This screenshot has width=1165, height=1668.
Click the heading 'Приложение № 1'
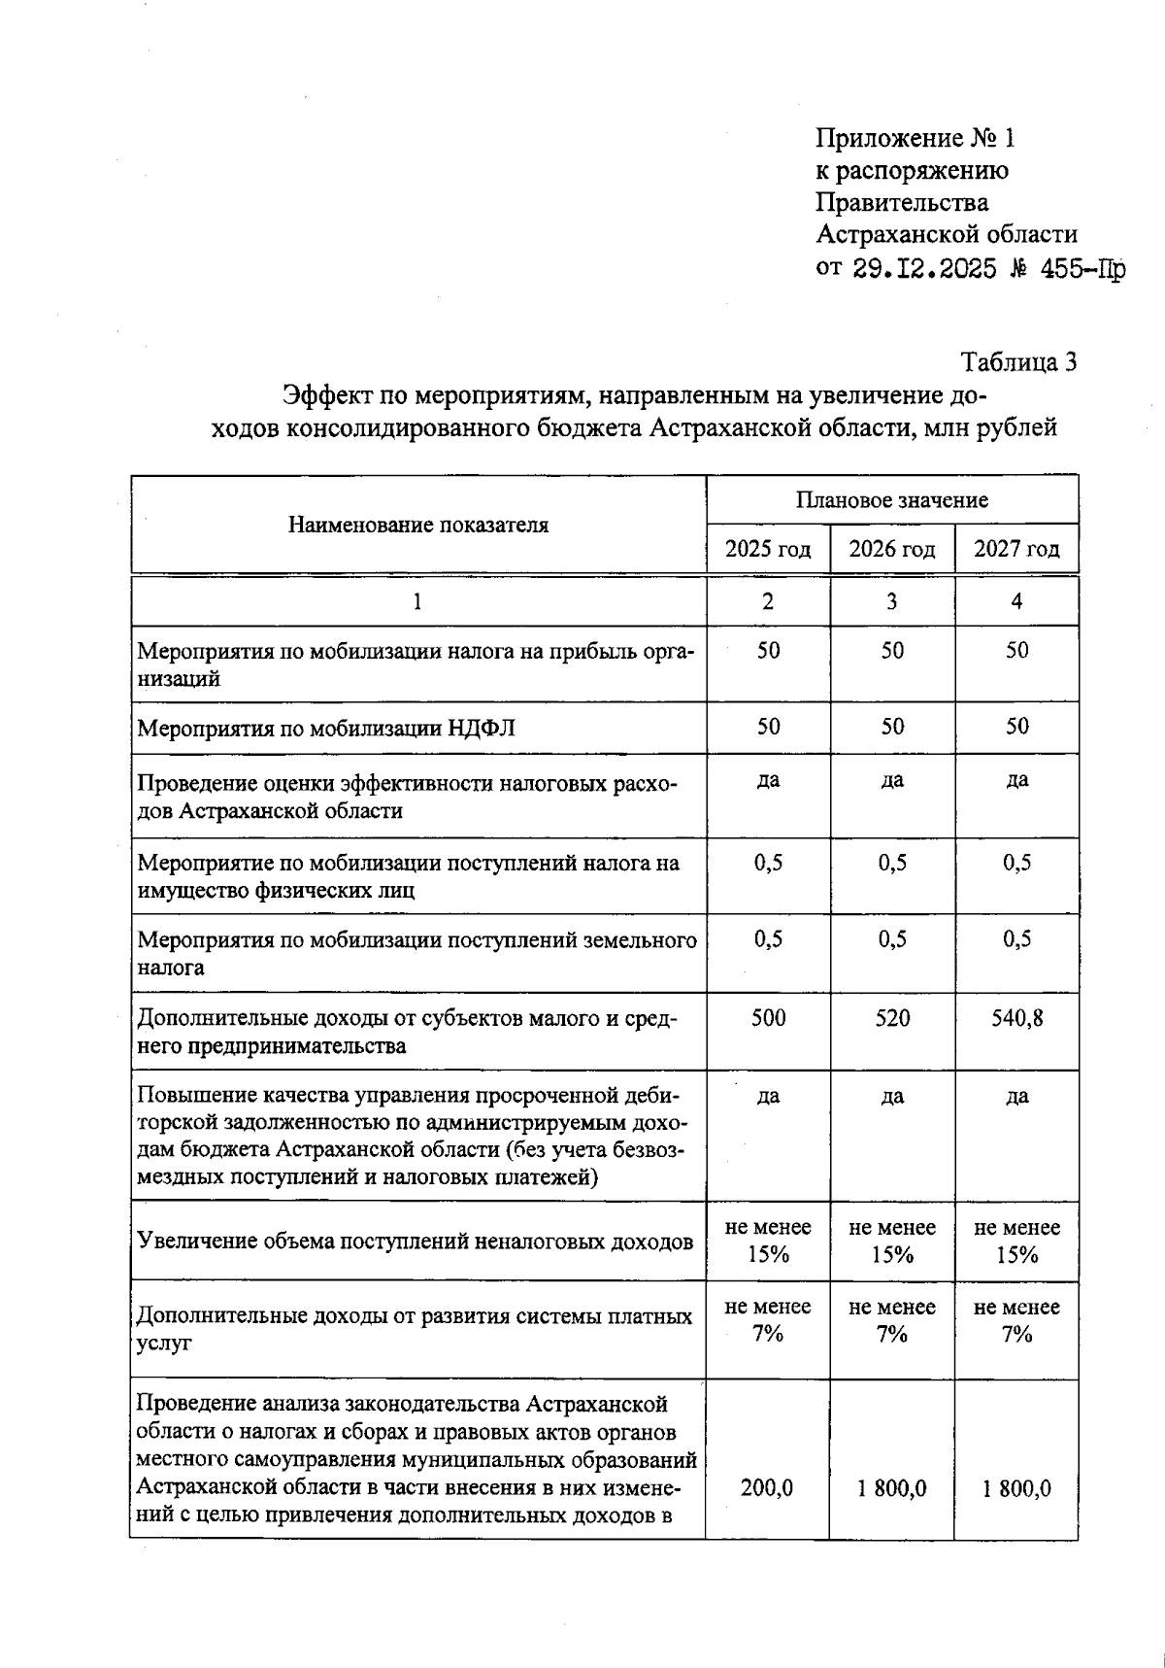915,139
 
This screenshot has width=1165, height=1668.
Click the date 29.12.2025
925,268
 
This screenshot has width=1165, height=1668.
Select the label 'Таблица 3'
1018,362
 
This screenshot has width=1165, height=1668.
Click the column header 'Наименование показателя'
417,526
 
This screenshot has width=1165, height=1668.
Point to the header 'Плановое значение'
891,500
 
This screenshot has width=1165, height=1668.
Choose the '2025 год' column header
768,549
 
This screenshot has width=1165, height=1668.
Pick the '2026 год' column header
891,549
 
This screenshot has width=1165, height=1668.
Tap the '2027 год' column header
1016,549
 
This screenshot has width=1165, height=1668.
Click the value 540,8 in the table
1016,1018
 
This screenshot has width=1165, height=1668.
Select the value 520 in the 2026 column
891,1018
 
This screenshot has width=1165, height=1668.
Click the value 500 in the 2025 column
768,1018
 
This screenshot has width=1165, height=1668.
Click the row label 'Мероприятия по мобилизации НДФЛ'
326,729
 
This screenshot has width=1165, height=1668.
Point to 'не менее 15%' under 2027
1016,1241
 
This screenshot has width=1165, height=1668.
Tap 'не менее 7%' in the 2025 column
768,1320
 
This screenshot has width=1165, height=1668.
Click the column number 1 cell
417,601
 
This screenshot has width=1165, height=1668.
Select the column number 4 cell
1016,601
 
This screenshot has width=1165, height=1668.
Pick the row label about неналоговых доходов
415,1241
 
